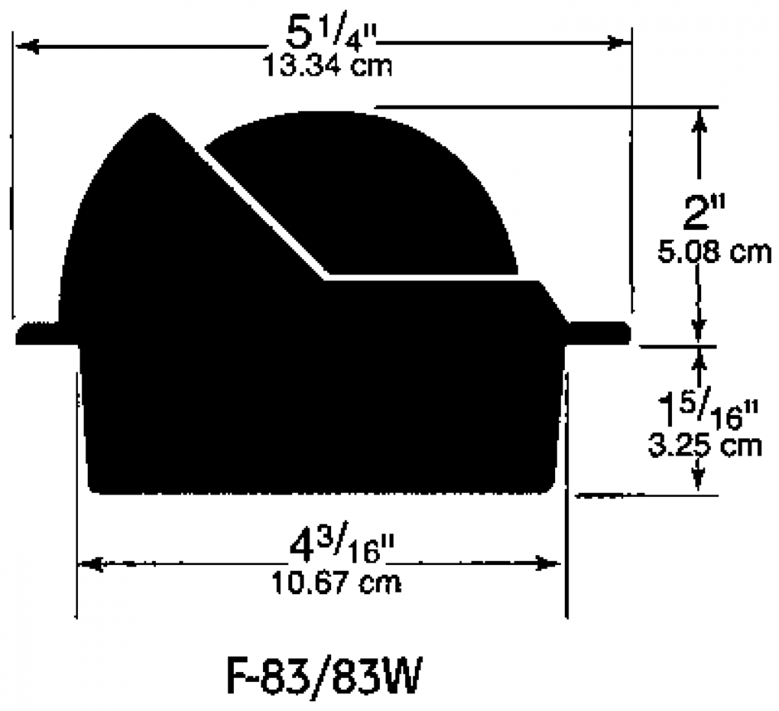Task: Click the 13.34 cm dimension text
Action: click(x=327, y=66)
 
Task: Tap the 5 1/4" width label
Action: click(x=331, y=34)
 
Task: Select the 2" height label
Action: click(x=703, y=213)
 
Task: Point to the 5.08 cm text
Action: click(x=714, y=252)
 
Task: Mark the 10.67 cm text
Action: click(x=336, y=583)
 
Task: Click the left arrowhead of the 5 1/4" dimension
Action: click(x=27, y=46)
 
